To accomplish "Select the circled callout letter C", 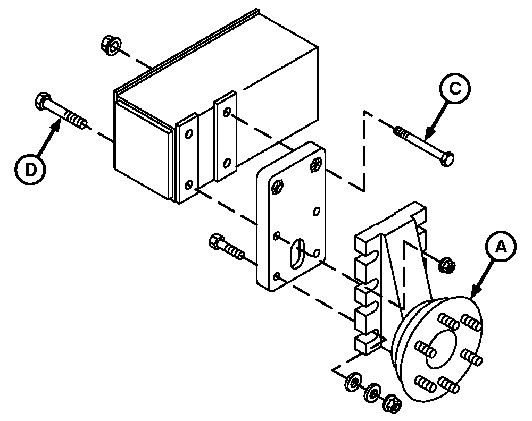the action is point(455,88).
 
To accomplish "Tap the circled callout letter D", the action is point(30,170).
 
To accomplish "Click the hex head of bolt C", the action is point(447,159).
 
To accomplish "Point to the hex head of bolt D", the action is point(43,100).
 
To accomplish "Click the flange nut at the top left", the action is point(111,45).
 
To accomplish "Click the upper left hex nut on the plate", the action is point(278,187).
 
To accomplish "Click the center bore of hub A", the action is point(440,349).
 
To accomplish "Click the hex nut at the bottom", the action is point(392,403).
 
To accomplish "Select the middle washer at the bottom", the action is point(372,392).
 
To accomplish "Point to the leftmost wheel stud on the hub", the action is point(426,349).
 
